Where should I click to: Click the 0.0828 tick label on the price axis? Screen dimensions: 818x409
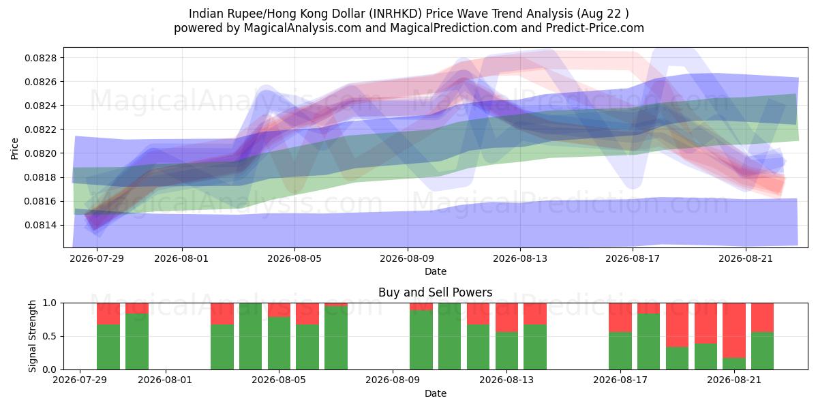[x=40, y=58]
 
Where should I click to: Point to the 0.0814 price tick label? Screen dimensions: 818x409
[x=40, y=226]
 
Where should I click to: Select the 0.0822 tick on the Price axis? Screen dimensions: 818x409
[x=40, y=130]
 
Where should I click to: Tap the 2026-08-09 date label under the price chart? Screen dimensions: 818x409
[x=407, y=258]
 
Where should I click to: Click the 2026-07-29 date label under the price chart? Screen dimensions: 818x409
[x=97, y=258]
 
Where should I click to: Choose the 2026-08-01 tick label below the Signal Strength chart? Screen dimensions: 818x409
[x=165, y=380]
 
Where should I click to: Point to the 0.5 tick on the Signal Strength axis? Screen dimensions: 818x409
[x=50, y=336]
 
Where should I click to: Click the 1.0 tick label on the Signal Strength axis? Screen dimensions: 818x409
[x=50, y=303]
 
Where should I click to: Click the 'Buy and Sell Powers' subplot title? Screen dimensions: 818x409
[x=436, y=292]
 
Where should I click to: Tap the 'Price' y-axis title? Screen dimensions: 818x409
[x=14, y=149]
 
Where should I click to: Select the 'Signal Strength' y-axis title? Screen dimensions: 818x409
[x=33, y=336]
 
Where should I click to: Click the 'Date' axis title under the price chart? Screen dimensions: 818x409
[x=436, y=271]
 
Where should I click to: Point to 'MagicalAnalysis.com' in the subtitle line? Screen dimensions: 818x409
[x=303, y=28]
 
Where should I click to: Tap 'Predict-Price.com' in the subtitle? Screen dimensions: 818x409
[x=595, y=28]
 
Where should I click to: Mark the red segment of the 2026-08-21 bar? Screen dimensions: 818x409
[x=734, y=331]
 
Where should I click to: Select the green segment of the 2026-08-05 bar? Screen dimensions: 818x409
[x=279, y=344]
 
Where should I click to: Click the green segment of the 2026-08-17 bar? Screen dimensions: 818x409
[x=620, y=351]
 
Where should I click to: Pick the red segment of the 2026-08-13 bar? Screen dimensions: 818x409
[x=506, y=318]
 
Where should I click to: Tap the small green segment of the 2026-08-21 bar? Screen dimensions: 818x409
[x=734, y=364]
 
